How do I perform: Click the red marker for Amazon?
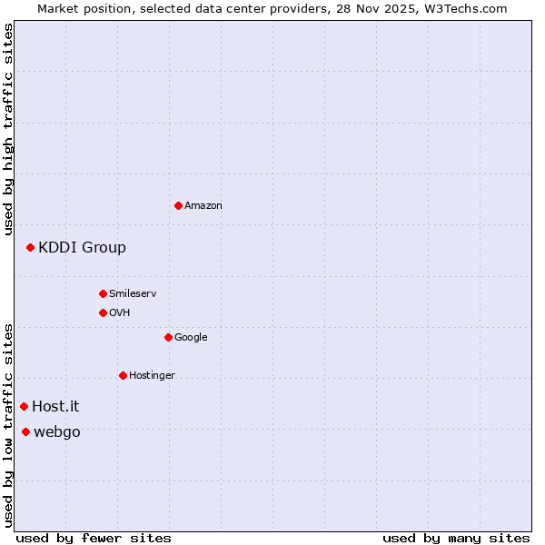[178, 205]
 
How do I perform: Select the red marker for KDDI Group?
[30, 247]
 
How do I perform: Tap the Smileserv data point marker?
[103, 293]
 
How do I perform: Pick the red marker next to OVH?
[103, 312]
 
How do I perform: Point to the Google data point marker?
[168, 337]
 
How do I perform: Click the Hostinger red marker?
[123, 375]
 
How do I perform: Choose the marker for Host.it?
[24, 406]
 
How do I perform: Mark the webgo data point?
[25, 431]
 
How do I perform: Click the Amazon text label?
[203, 205]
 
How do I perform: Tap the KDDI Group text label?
[82, 247]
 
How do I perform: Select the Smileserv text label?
[133, 293]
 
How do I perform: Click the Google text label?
[191, 337]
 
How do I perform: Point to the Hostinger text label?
[152, 375]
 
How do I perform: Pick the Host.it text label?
[55, 406]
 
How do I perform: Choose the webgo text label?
[56, 431]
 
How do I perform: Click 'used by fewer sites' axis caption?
[94, 538]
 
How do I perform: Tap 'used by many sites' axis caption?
[456, 538]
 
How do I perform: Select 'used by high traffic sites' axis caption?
[8, 129]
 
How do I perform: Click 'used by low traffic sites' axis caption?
[8, 424]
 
